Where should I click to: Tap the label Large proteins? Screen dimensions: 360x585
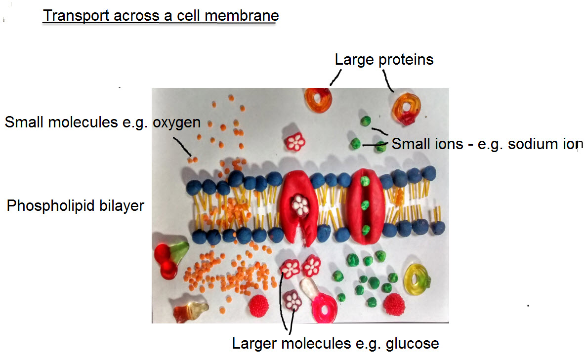tap(384, 60)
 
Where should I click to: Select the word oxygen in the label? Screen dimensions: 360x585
tap(176, 122)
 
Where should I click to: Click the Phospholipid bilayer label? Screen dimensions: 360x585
tap(75, 205)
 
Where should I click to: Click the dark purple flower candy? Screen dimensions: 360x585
tap(292, 300)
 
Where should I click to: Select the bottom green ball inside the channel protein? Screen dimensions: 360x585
tap(366, 229)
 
